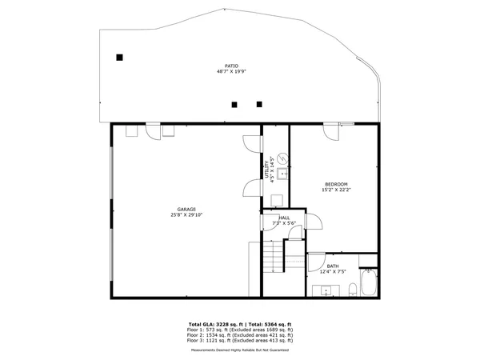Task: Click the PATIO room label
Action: click(x=231, y=66)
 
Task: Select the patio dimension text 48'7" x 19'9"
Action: click(x=231, y=71)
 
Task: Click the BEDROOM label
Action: click(x=335, y=184)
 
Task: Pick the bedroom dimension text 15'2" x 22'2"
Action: click(x=335, y=190)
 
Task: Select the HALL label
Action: click(x=284, y=218)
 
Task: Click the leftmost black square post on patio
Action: click(x=119, y=57)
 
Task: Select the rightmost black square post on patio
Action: click(x=258, y=103)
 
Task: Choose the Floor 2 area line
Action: click(x=240, y=335)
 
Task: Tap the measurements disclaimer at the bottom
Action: click(x=240, y=350)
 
